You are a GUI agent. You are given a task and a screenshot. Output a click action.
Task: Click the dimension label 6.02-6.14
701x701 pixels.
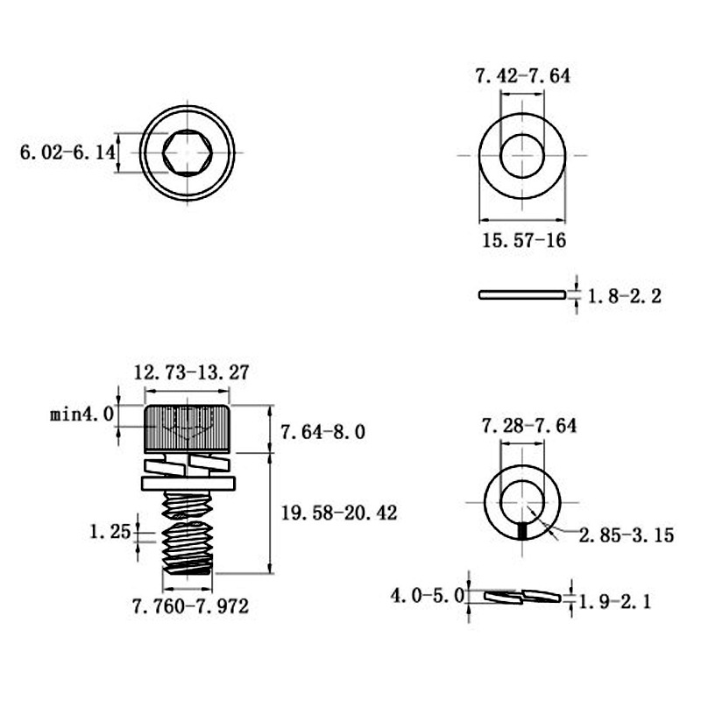click(67, 152)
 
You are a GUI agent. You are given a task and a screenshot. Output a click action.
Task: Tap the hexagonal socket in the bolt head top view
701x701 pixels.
click(187, 152)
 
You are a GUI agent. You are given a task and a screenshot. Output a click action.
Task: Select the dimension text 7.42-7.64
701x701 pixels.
click(522, 75)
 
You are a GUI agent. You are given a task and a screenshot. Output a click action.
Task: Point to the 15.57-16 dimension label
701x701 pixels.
click(524, 240)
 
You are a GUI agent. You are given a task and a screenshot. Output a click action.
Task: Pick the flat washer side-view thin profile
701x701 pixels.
click(522, 294)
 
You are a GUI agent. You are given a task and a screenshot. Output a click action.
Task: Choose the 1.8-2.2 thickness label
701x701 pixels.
click(624, 296)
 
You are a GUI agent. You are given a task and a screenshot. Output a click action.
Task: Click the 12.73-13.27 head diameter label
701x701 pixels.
click(191, 372)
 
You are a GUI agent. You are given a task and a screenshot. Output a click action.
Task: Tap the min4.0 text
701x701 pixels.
click(81, 414)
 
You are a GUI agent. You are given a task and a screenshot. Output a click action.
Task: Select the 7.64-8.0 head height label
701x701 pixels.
click(322, 432)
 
